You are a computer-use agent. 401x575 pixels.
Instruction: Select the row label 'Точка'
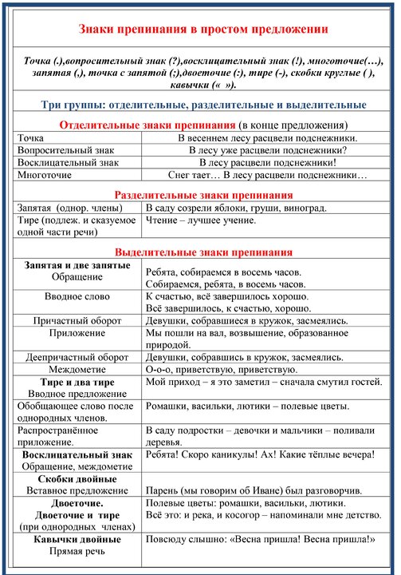33,138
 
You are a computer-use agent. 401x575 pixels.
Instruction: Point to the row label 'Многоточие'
45,174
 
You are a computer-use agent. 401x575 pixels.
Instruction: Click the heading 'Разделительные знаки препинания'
203,195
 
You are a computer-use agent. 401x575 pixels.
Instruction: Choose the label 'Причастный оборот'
77,320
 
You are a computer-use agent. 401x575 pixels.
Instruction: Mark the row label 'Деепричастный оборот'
77,357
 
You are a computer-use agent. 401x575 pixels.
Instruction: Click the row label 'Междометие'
77,370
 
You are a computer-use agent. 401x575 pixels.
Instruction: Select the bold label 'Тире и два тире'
77,383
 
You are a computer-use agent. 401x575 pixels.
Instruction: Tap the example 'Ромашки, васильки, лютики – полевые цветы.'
247,406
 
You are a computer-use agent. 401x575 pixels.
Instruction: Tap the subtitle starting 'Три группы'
203,105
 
